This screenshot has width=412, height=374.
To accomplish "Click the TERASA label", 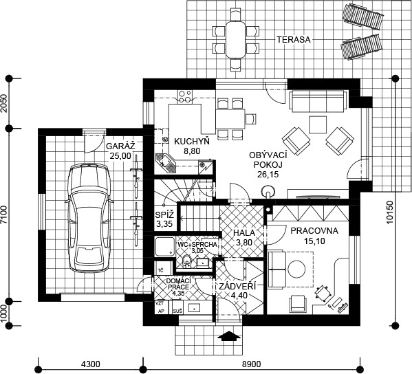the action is pos(294,40).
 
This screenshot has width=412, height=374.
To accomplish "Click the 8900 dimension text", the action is pos(252,364).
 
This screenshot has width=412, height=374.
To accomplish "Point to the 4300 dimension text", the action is pos(91,364).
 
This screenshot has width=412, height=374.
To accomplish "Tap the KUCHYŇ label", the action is pos(192,142).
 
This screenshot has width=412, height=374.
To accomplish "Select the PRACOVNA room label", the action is pos(314,231).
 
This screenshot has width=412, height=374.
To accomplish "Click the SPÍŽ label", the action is pos(164,215).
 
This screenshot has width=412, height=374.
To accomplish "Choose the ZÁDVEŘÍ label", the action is pos(237,286).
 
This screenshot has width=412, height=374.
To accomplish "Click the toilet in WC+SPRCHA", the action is pos(187,261).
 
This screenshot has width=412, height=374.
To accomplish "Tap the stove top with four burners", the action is pos(185,96).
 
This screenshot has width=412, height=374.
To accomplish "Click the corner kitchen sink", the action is pos(166,164).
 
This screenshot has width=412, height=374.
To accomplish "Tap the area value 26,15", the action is pos(268,174).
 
